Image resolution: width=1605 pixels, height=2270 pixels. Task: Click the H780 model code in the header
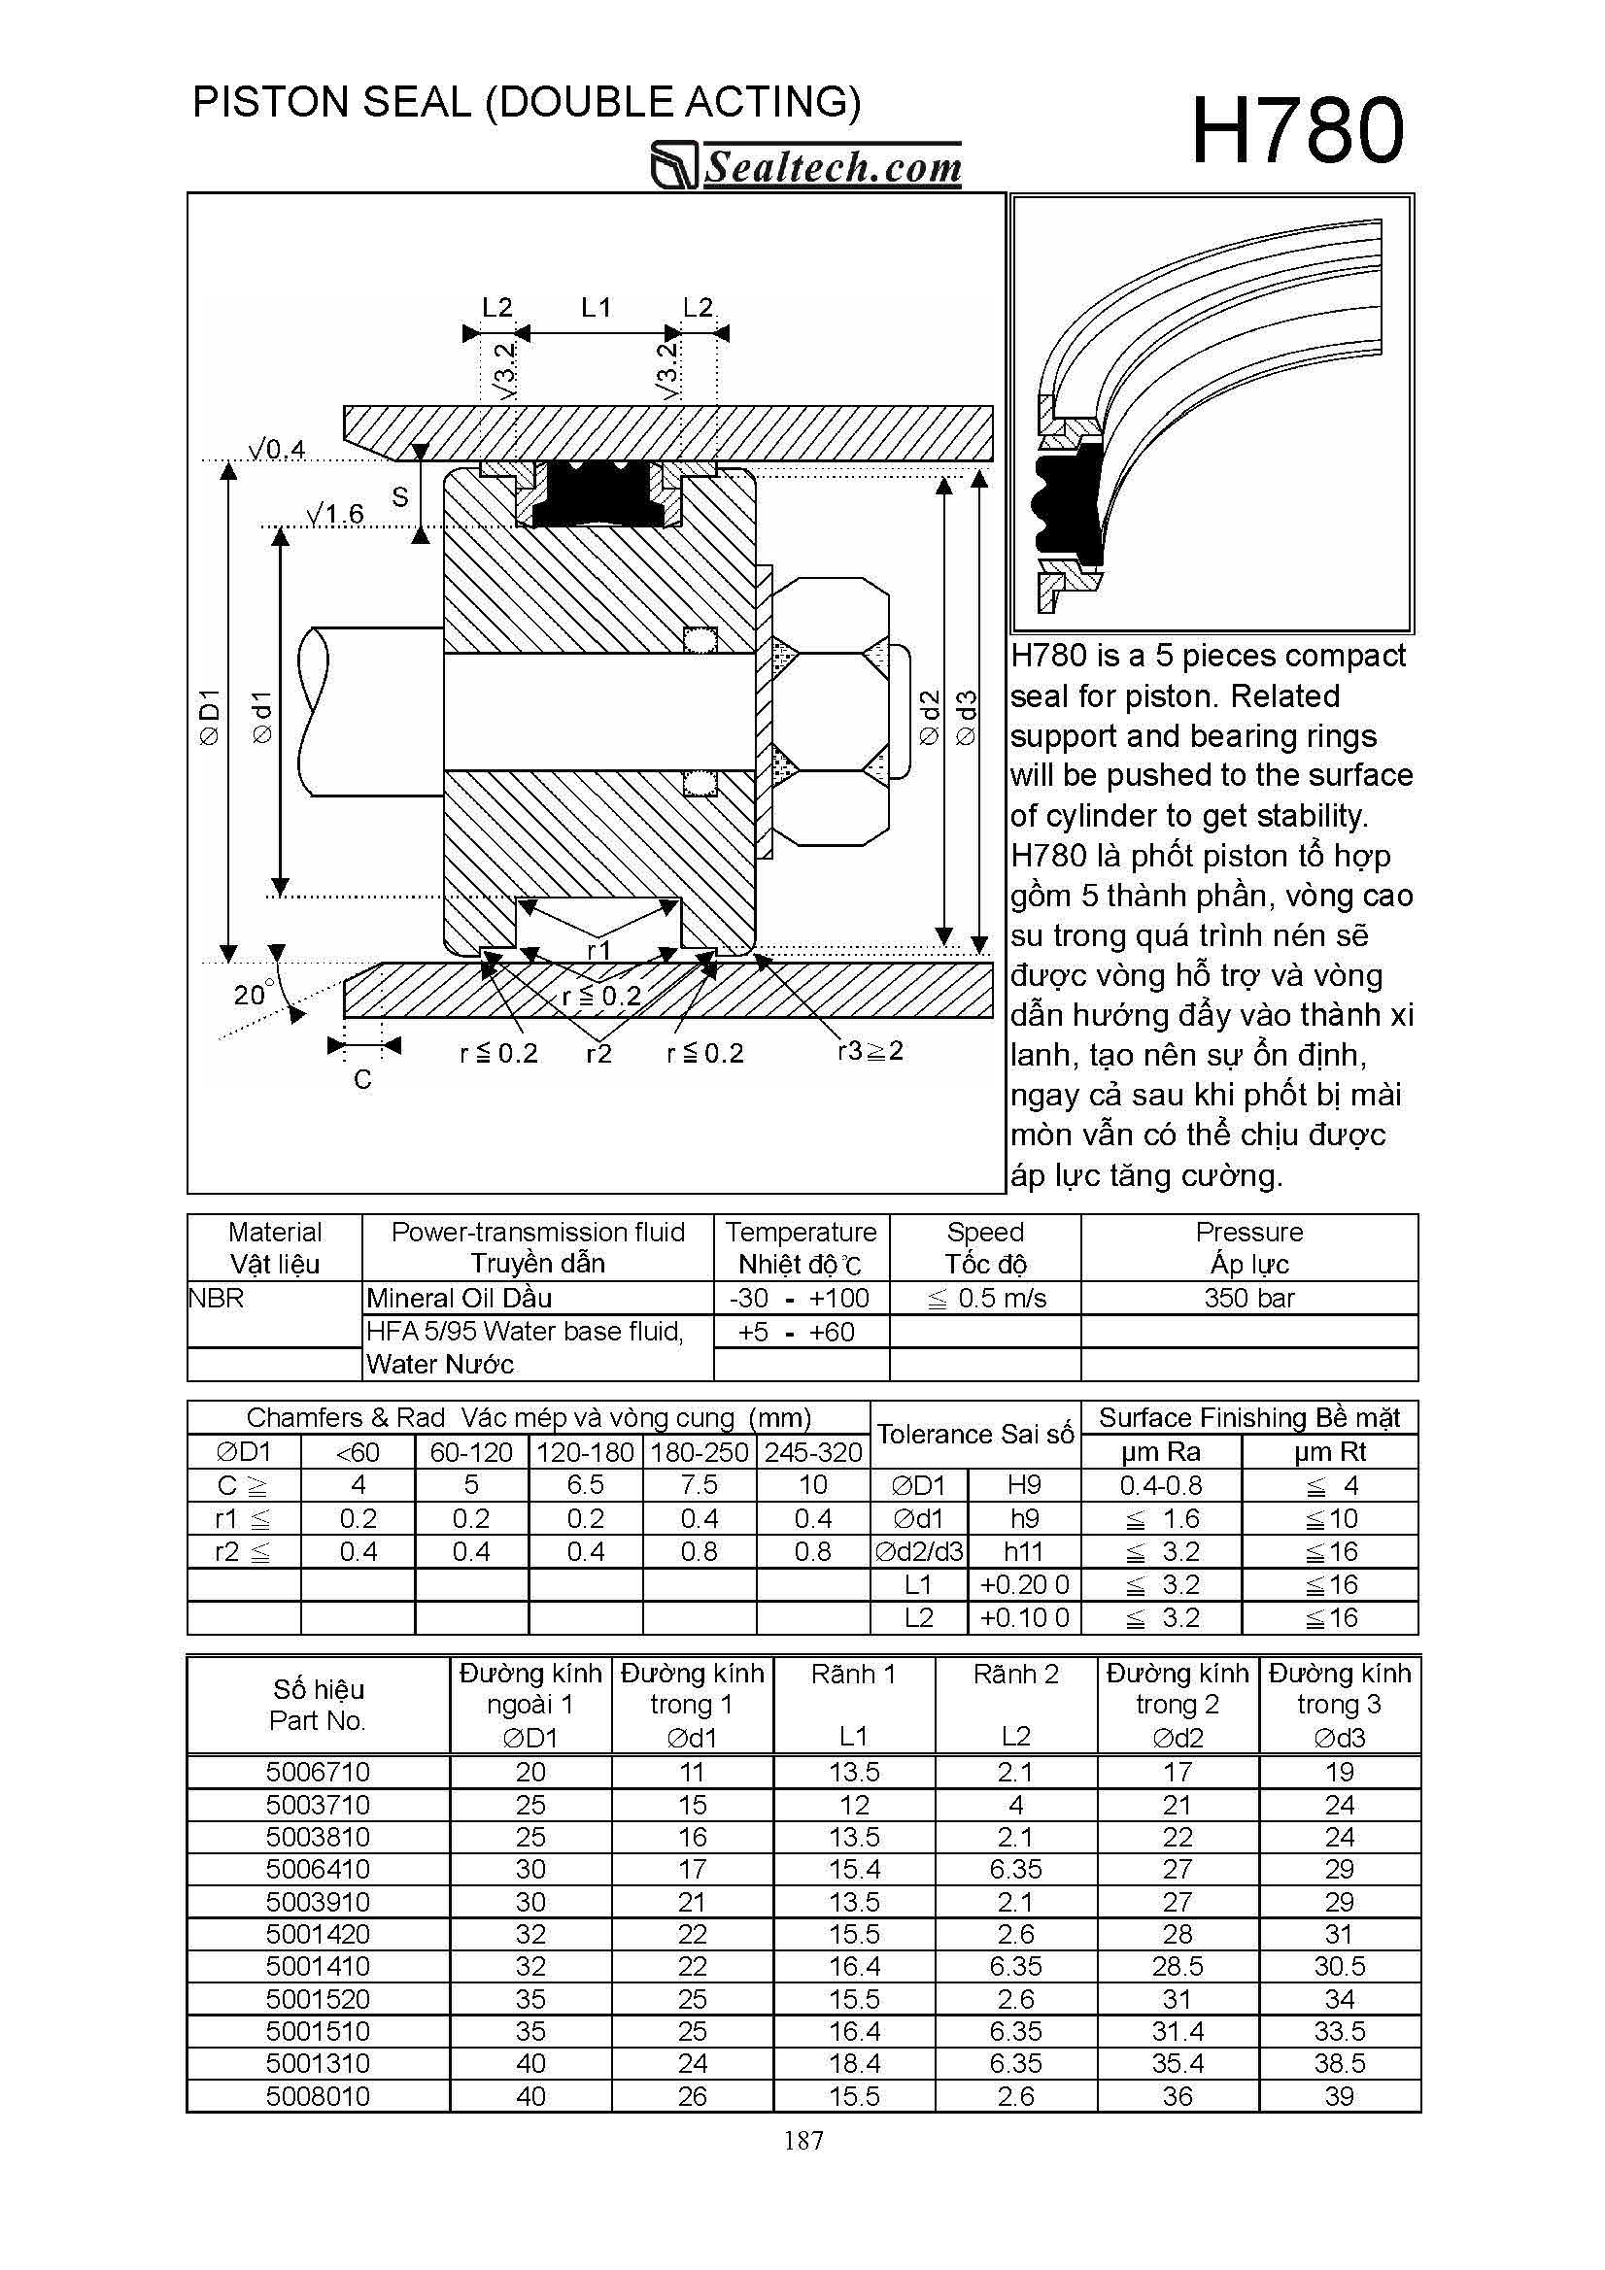click(1296, 131)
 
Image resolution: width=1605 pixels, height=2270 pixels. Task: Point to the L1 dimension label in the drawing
click(596, 309)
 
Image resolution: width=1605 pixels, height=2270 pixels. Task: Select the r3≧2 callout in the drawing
click(871, 1051)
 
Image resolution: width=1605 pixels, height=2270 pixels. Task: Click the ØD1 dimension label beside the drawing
click(210, 717)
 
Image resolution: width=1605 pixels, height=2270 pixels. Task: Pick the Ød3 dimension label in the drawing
click(967, 717)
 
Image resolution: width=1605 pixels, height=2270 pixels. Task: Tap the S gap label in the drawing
click(399, 497)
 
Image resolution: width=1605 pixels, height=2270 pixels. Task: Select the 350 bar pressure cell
click(1248, 1298)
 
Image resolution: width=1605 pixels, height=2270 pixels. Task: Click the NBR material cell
click(216, 1298)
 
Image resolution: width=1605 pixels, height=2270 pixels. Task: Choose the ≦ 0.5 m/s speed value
click(986, 1298)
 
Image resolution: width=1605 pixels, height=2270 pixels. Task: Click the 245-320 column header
click(813, 1452)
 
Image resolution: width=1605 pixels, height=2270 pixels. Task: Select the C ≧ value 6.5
click(586, 1485)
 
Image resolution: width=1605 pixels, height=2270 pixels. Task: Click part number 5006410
click(318, 1869)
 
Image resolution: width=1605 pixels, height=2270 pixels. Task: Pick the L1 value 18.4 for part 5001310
click(853, 2063)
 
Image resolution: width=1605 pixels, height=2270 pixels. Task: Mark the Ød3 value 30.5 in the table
click(1339, 1966)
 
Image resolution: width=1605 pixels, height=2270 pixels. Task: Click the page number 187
click(803, 2141)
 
